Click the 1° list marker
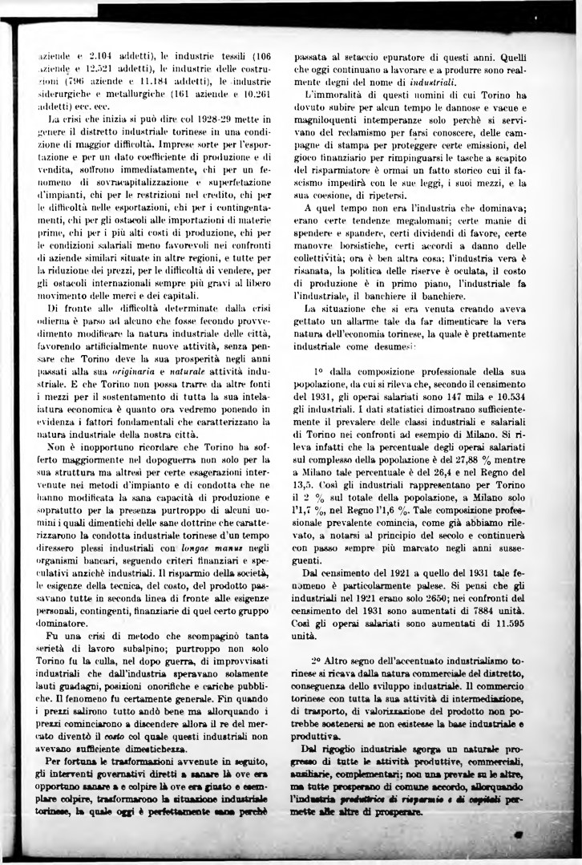[x=318, y=371]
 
